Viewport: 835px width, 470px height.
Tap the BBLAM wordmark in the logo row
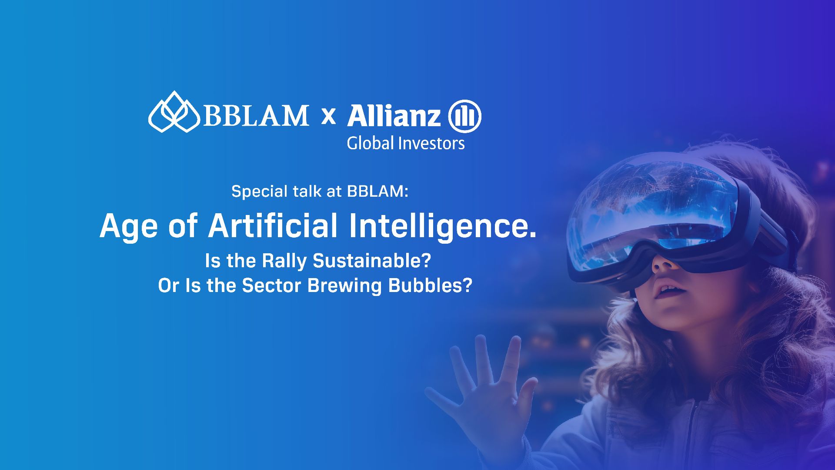[x=256, y=115]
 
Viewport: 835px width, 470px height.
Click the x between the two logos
[x=328, y=116]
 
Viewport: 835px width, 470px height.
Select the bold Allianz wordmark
[x=394, y=116]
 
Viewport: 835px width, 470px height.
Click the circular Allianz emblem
[x=464, y=116]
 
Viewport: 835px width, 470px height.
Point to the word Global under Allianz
[x=371, y=143]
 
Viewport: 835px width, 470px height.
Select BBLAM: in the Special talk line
[x=378, y=191]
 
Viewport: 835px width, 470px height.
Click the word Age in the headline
[x=128, y=226]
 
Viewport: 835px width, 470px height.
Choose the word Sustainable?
[x=372, y=261]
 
